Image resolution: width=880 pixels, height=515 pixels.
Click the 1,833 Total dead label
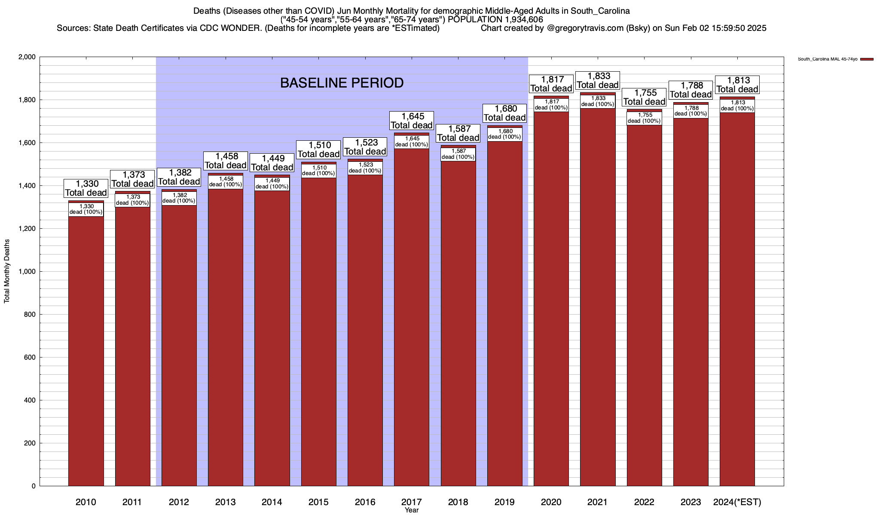point(598,81)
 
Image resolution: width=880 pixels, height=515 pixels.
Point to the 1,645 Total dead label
point(412,121)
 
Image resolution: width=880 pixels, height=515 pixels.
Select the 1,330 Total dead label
point(86,188)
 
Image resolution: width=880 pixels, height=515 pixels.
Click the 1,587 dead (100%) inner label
point(458,154)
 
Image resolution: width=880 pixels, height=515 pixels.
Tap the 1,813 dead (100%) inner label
point(737,106)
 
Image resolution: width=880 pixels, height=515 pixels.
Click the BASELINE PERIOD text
point(342,83)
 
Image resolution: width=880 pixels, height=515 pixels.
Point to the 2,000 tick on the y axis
point(27,57)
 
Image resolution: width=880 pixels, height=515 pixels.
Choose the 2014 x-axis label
point(272,502)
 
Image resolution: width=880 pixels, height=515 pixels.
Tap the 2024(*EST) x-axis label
point(737,502)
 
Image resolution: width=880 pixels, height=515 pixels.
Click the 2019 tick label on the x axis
point(505,502)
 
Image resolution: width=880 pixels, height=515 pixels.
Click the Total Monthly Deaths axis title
point(7,271)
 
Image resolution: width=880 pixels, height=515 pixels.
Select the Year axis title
point(412,510)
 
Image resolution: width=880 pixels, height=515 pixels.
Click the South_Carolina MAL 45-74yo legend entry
point(828,59)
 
